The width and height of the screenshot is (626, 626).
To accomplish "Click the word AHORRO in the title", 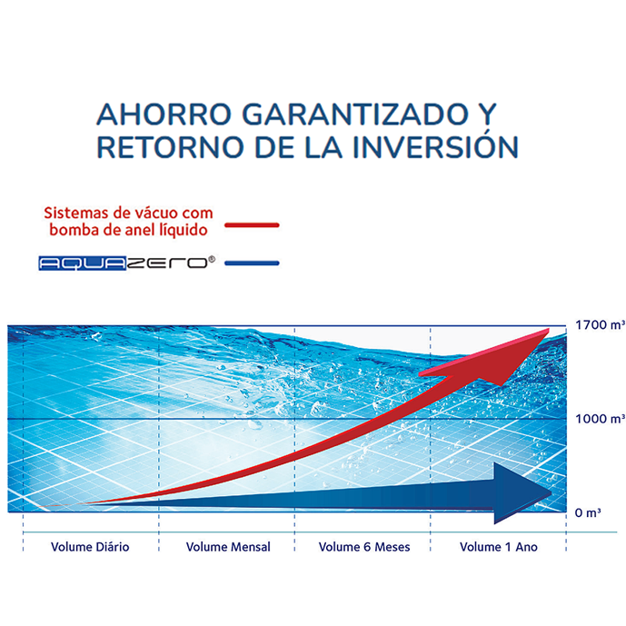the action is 164,114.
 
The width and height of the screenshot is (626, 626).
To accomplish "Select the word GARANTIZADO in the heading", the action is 355,114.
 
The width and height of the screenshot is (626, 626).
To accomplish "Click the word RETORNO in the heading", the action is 170,147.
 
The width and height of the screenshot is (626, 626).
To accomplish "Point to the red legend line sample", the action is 252,225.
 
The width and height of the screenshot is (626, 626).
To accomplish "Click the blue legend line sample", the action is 252,263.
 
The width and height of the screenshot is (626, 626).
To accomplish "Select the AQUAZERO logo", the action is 127,263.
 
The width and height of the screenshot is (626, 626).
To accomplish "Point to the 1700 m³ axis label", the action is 600,325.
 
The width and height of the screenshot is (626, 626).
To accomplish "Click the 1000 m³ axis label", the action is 600,419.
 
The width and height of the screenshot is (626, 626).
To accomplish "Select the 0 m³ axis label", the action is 588,512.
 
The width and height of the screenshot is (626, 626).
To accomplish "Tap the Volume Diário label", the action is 90,547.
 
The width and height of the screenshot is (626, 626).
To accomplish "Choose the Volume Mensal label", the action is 228,547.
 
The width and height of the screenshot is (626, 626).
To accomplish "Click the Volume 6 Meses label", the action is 364,547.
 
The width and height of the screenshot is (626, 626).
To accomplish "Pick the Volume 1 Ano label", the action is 499,547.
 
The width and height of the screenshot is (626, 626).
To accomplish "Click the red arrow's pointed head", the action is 549,330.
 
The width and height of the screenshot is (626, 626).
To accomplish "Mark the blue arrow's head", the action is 551,493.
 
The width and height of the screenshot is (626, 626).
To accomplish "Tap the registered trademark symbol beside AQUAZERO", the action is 212,260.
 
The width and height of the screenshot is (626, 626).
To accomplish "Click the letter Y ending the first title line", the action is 487,114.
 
